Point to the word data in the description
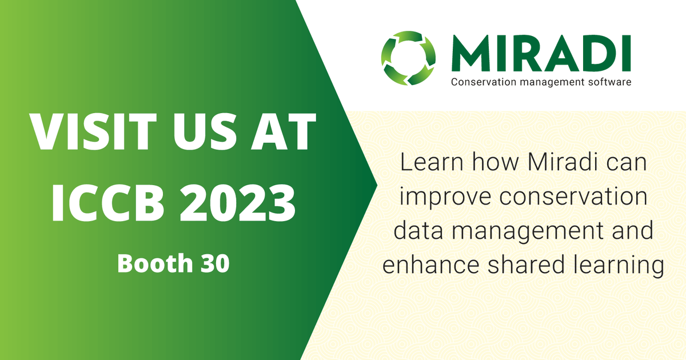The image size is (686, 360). click(418, 232)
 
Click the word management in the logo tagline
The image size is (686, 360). click(548, 82)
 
